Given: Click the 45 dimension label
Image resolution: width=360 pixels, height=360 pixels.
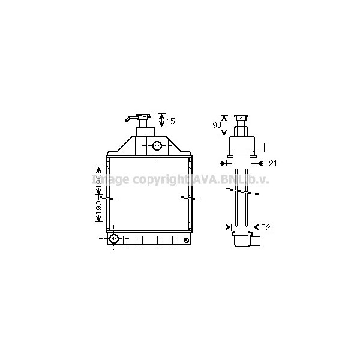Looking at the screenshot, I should pyautogui.click(x=170, y=121).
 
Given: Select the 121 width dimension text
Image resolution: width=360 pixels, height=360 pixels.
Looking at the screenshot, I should pyautogui.click(x=271, y=163).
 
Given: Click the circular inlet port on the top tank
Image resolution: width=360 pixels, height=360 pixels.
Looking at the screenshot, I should pyautogui.click(x=157, y=145).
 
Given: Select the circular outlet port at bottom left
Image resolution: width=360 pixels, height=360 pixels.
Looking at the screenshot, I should pyautogui.click(x=113, y=240).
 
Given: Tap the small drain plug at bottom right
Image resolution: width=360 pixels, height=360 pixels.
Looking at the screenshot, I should pyautogui.click(x=187, y=241).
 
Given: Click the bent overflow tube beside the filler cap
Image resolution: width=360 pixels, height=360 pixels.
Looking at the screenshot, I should pyautogui.click(x=131, y=118).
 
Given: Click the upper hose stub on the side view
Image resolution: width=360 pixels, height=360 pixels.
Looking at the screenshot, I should pyautogui.click(x=262, y=147).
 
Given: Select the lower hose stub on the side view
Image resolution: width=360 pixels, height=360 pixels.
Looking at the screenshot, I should pyautogui.click(x=256, y=241).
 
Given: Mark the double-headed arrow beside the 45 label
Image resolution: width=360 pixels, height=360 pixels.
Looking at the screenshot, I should pyautogui.click(x=161, y=121).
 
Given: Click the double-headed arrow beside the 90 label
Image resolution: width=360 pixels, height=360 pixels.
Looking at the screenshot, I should pyautogui.click(x=224, y=125).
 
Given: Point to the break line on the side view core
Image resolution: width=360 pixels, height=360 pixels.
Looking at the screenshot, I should pyautogui.click(x=243, y=192).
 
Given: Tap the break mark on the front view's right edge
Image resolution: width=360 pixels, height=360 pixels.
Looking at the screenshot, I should pyautogui.click(x=190, y=197).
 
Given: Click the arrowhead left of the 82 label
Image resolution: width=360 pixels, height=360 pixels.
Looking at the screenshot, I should pyautogui.click(x=229, y=227).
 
